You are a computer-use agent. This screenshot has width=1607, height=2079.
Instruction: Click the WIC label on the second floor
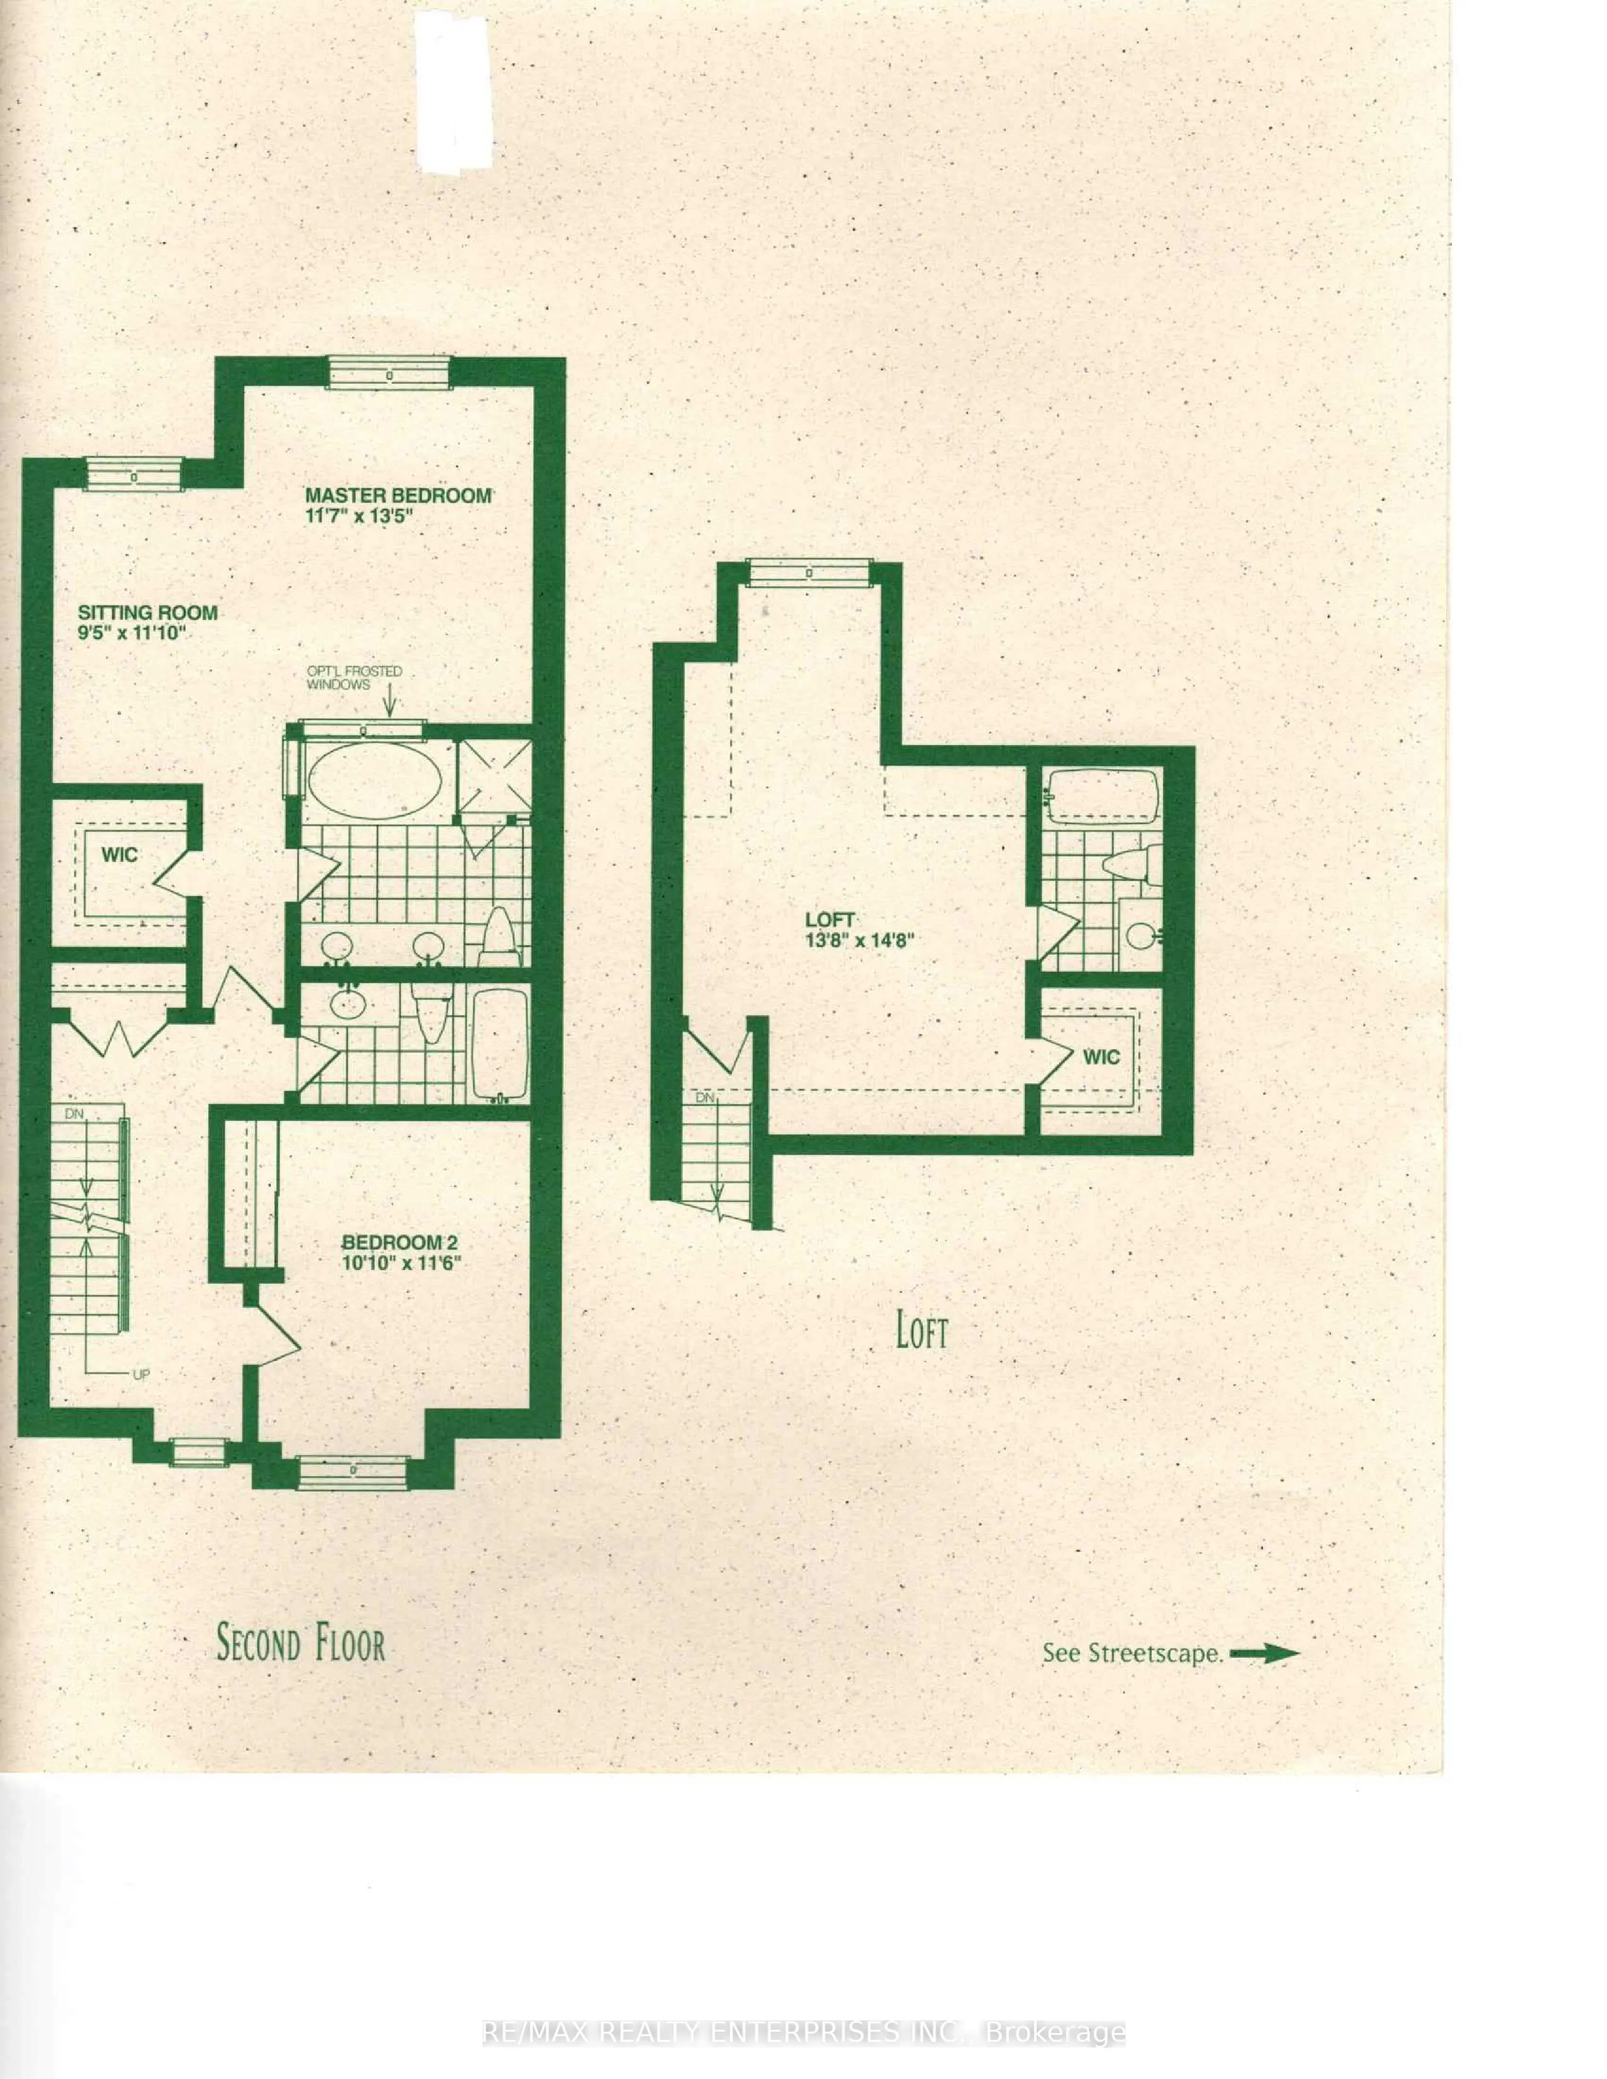coord(120,855)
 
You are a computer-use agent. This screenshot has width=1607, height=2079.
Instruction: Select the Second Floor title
coord(301,1644)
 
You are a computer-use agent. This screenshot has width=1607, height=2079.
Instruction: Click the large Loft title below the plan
coord(921,1331)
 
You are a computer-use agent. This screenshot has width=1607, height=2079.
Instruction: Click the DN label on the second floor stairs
coord(74,1113)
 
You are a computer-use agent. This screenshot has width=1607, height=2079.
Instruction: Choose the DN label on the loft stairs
coord(705,1097)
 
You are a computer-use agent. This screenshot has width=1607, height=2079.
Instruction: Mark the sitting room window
coord(133,473)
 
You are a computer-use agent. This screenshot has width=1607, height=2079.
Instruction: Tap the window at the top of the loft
coord(809,573)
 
